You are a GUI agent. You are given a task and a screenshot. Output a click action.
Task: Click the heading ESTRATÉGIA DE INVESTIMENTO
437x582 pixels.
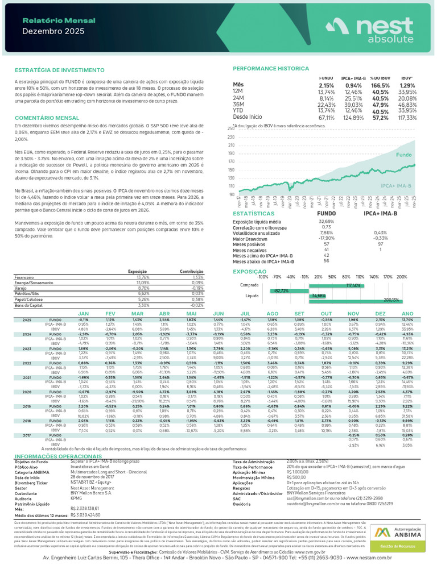click(55, 71)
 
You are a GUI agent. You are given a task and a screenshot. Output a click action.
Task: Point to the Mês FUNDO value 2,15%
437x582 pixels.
click(327, 85)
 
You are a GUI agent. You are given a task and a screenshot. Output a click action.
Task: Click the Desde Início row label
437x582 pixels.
click(248, 117)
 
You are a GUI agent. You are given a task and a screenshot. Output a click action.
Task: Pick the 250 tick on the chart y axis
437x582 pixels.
click(231, 129)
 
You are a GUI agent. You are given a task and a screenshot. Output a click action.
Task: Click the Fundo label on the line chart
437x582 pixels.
click(403, 155)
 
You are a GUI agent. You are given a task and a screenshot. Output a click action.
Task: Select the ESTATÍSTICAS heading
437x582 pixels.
click(254, 213)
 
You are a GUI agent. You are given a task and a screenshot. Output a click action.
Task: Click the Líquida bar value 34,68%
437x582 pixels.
click(319, 296)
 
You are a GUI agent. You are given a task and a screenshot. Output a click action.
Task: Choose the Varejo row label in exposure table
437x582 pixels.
click(20, 288)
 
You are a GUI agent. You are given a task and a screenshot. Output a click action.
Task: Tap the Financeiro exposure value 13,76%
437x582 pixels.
click(143, 277)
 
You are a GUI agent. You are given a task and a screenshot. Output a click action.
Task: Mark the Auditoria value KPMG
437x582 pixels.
click(76, 497)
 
